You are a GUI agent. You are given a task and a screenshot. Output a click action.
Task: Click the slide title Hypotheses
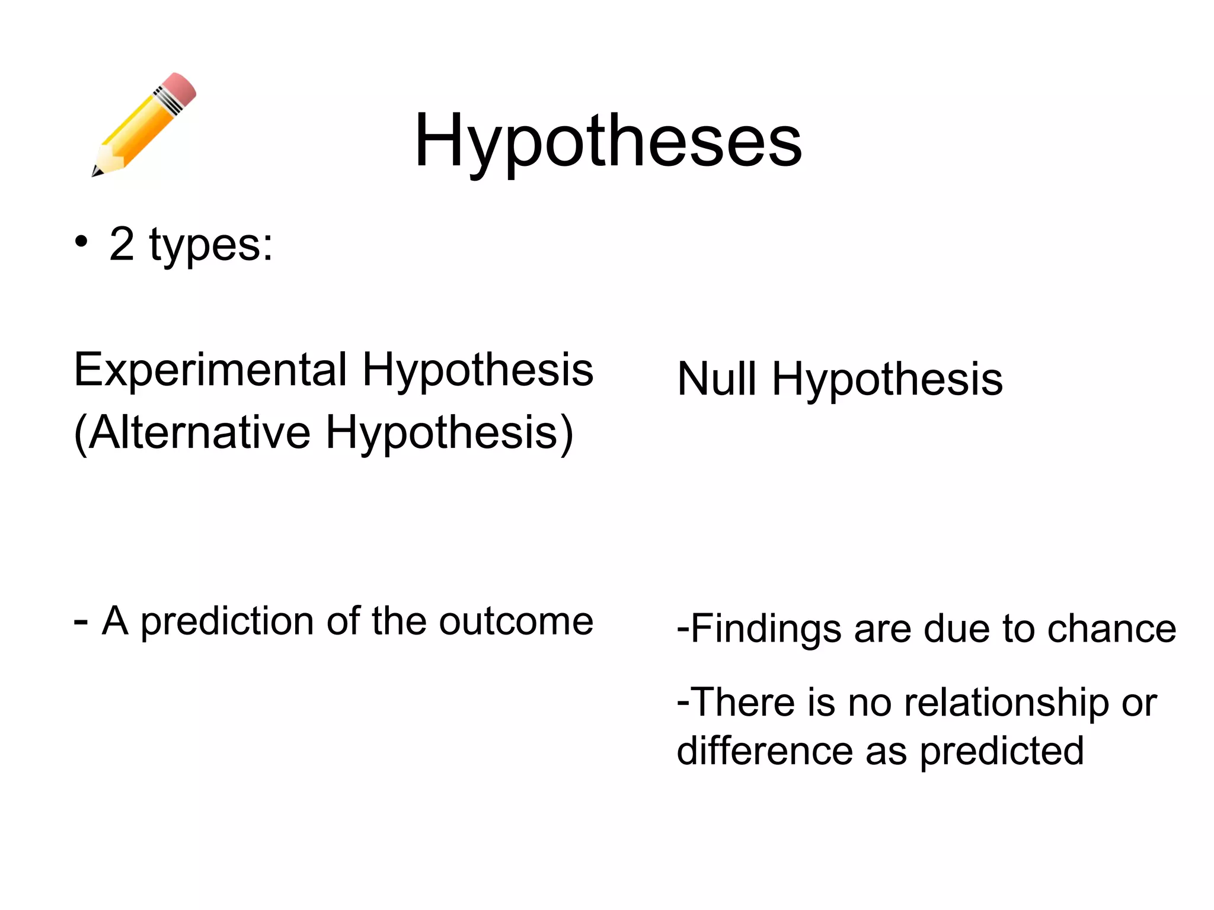pos(608,141)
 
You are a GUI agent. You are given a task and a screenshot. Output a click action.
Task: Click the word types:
pos(211,246)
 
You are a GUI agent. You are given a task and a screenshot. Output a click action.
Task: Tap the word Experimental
pos(210,370)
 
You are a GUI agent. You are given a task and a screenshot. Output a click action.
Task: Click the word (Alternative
pos(192,432)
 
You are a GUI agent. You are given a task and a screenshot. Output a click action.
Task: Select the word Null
pos(716,379)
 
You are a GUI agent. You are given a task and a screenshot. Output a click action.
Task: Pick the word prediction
pos(227,622)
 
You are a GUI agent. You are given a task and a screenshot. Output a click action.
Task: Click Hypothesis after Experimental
pos(478,370)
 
